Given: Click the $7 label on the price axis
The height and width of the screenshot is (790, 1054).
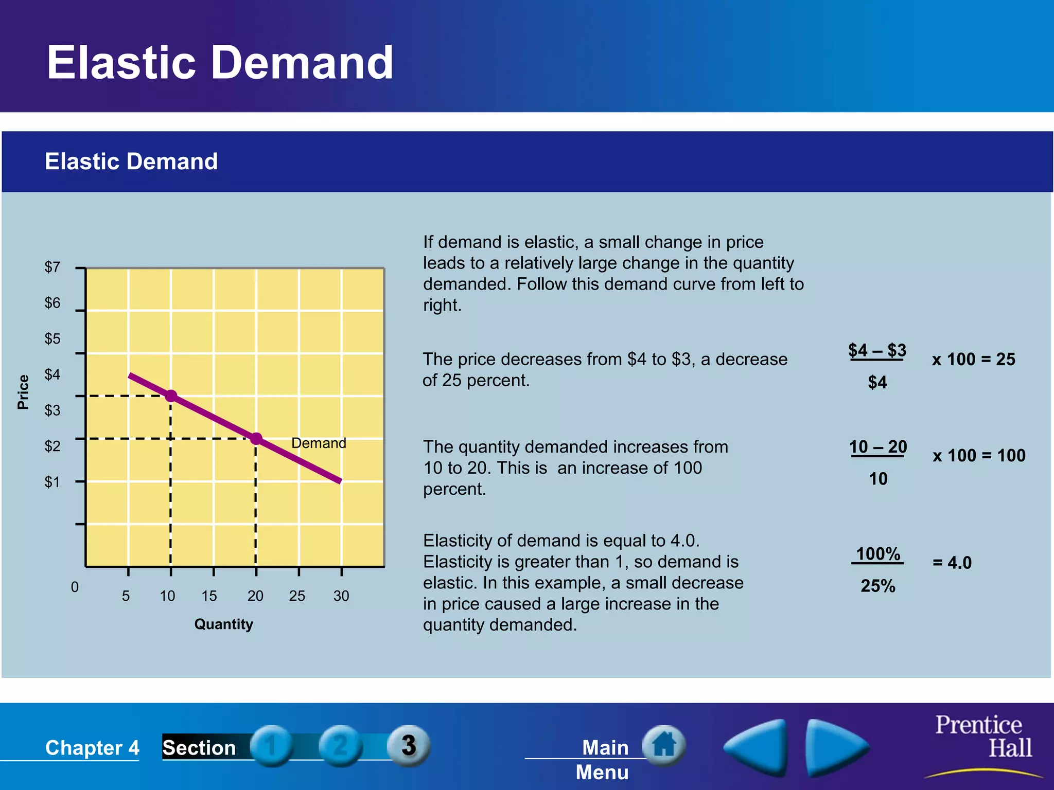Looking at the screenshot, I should (x=52, y=267).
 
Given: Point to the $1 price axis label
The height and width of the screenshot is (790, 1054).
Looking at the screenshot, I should (x=52, y=482).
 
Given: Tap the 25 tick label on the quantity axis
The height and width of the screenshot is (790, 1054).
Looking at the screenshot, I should (x=297, y=596).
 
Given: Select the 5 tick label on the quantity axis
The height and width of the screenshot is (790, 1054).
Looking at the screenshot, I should (x=126, y=596).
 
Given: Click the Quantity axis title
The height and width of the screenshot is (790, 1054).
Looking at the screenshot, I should (x=223, y=624).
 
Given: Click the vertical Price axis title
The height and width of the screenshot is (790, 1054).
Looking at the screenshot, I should (x=23, y=392).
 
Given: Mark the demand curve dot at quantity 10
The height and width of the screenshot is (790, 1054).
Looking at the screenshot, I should (x=171, y=396).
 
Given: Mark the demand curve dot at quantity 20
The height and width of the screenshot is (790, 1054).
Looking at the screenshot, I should (x=256, y=439).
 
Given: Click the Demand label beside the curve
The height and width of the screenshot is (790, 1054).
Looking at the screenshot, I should (x=319, y=443).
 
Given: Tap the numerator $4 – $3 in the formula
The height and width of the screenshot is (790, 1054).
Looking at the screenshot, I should (x=877, y=350).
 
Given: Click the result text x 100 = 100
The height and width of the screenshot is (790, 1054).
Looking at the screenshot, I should (x=979, y=456).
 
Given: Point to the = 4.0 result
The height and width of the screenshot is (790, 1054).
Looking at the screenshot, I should (x=952, y=563).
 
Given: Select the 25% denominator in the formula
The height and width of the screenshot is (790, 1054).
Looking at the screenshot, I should (x=878, y=586).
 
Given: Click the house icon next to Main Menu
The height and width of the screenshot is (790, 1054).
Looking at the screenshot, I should (x=664, y=745).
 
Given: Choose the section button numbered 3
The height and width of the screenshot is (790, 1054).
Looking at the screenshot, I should (x=409, y=745).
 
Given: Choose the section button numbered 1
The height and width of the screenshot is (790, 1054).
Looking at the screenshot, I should (x=272, y=745).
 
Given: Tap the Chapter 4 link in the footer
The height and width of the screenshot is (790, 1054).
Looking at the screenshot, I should (x=92, y=748).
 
